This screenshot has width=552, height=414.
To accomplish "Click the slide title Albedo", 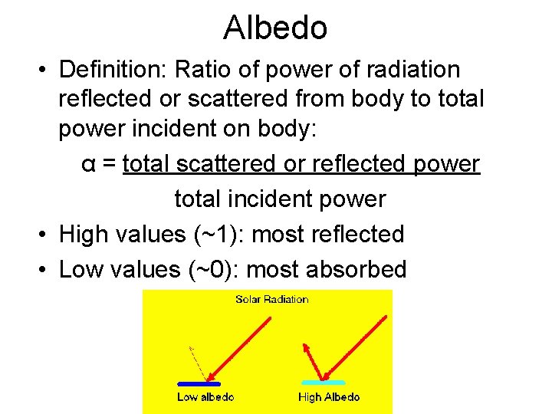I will coord(276,28).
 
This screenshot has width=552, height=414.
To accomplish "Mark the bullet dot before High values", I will coord(45,235).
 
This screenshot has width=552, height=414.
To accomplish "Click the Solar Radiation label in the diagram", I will coord(271,299).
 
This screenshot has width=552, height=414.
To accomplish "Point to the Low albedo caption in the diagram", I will coord(205,397).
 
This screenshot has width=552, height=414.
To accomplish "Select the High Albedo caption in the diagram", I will coord(328,397).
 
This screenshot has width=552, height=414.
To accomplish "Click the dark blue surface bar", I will coord(199,383).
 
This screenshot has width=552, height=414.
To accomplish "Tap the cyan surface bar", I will coord(324,382).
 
